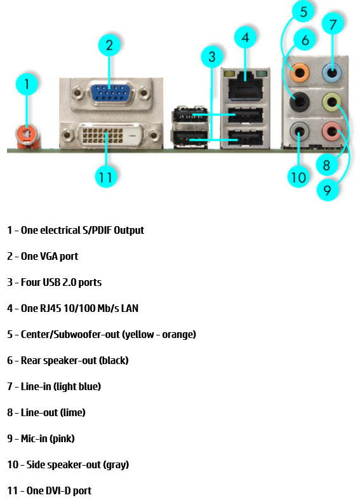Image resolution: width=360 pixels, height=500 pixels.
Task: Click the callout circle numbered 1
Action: click(27, 84)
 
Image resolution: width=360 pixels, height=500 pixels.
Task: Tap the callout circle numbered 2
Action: click(109, 44)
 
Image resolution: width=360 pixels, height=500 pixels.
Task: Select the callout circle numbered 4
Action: click(246, 37)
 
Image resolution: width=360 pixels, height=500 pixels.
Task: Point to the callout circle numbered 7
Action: click(333, 24)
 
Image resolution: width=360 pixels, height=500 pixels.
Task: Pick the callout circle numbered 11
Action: click(106, 176)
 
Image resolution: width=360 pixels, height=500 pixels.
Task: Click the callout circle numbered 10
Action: click(298, 176)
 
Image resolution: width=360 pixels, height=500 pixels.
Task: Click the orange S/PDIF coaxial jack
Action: click(26, 133)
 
